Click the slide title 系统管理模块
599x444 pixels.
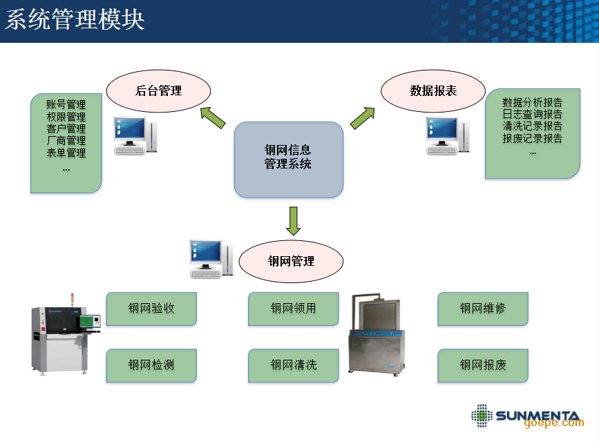(x=75, y=19)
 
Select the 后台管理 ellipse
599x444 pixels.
(x=158, y=90)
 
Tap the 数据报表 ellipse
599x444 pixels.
(x=433, y=90)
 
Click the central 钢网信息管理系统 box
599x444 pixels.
(x=288, y=159)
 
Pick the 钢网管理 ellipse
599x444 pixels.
(x=291, y=261)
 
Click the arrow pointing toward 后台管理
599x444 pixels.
(x=213, y=117)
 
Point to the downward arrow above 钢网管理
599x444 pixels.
(x=294, y=221)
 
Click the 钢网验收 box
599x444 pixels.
(x=151, y=309)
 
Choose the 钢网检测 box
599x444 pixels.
(x=151, y=365)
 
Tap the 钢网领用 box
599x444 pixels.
(x=293, y=309)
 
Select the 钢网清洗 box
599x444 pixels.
(x=293, y=365)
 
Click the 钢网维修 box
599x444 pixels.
(x=482, y=309)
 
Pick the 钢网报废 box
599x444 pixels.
(x=482, y=365)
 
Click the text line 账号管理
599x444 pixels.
(x=66, y=104)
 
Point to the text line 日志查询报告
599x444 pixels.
(x=532, y=114)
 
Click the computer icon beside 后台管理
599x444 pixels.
(x=134, y=135)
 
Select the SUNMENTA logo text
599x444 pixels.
(x=537, y=416)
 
